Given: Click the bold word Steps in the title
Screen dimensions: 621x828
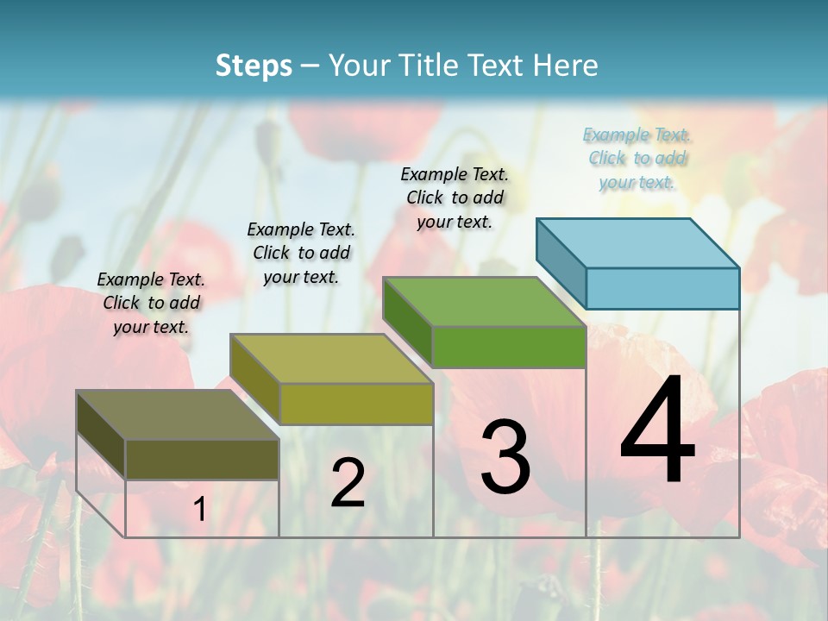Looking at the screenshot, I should [x=254, y=66].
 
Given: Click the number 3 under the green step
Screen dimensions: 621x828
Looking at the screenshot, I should [x=505, y=457].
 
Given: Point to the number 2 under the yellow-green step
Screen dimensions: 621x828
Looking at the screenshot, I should [x=348, y=483].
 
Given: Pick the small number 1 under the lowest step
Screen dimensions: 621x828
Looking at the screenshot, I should [x=199, y=510].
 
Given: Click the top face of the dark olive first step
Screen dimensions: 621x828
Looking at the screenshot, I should [x=178, y=415].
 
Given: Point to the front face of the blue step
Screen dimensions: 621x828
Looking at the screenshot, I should [x=662, y=288].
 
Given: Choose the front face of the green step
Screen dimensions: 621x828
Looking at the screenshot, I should [x=509, y=347].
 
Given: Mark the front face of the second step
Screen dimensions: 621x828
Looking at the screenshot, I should [x=356, y=404].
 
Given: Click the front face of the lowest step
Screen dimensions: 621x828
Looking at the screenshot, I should [x=202, y=460].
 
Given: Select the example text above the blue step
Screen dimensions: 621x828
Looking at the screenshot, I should [x=637, y=159].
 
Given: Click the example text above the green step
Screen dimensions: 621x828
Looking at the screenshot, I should [x=455, y=198].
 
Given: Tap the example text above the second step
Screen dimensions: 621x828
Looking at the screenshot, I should [x=301, y=253].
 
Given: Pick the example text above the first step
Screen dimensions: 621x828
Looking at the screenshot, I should [x=151, y=303].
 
